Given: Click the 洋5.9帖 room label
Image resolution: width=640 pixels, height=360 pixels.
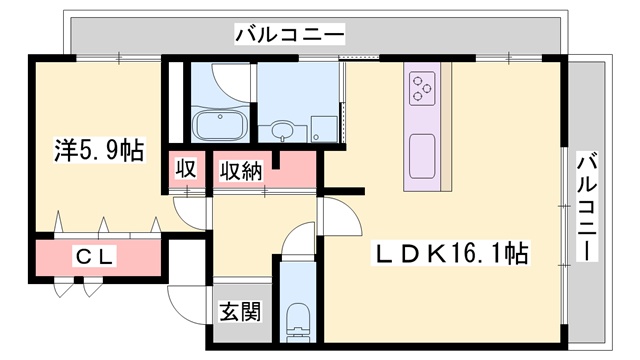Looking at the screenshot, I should click(x=98, y=152).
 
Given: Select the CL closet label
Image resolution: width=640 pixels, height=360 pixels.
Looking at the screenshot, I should click(x=96, y=256).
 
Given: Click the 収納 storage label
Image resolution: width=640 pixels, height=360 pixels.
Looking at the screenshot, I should click(x=241, y=170).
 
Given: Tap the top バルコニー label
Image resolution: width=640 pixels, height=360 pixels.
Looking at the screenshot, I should click(x=290, y=36).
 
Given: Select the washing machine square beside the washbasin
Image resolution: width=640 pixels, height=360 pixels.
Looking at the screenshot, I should click(x=323, y=128).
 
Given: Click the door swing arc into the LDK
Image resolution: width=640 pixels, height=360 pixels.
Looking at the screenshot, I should click(x=340, y=216).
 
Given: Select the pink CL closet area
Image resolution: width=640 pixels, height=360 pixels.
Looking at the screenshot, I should click(x=96, y=257).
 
